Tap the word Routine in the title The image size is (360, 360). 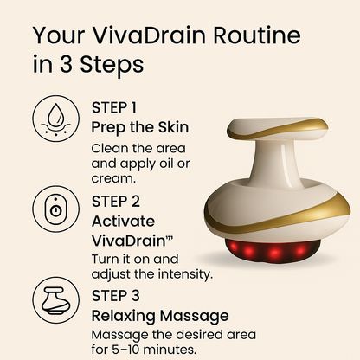252,37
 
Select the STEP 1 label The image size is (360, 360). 114,108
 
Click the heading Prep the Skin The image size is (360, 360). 140,126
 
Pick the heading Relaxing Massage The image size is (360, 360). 160,315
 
